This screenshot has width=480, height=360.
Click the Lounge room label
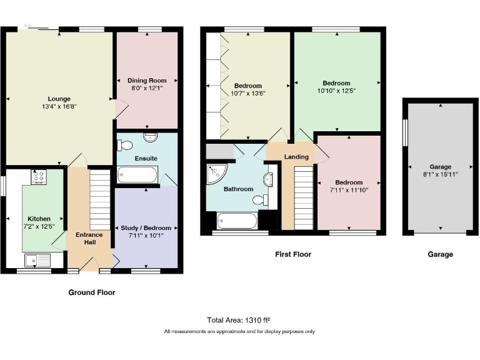(x=59, y=99)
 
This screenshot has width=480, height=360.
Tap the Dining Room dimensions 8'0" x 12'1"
(x=147, y=89)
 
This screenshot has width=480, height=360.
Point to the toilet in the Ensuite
(x=124, y=145)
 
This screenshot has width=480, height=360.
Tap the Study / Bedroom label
(x=146, y=227)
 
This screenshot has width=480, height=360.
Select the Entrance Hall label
(x=89, y=238)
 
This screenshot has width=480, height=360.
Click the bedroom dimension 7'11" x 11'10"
(x=349, y=190)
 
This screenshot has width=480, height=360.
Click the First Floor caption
(x=292, y=254)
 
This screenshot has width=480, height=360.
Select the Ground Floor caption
(x=91, y=292)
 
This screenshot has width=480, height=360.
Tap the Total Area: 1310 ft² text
(x=239, y=319)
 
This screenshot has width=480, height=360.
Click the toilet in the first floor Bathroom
(x=259, y=201)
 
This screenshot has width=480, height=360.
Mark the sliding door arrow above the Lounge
(x=27, y=26)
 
